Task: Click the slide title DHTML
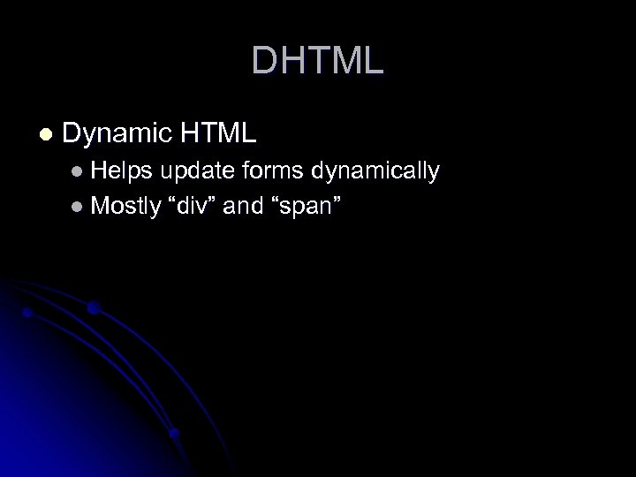(x=317, y=61)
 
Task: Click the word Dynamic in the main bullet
(x=116, y=134)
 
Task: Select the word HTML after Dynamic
(x=217, y=134)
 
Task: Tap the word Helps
(x=122, y=170)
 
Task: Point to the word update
(x=195, y=171)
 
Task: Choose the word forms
(x=271, y=170)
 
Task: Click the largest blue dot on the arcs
(x=93, y=307)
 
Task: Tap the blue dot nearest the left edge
(x=27, y=313)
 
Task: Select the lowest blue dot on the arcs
(x=174, y=433)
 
